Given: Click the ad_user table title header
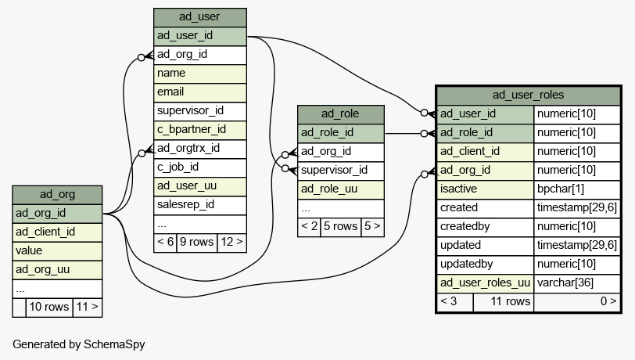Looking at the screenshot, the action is point(200,17).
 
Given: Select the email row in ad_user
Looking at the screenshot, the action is point(200,92).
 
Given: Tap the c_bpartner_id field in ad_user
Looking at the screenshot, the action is point(200,130).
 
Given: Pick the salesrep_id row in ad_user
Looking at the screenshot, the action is point(200,206).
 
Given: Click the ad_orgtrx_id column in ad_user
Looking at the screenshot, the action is point(200,149).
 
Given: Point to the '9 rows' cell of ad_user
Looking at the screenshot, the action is point(197,243).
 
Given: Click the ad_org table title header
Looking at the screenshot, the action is point(57,195).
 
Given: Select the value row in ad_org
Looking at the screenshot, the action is point(57,251).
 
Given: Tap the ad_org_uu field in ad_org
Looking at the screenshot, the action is point(57,270).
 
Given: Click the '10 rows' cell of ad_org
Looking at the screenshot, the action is point(49,308).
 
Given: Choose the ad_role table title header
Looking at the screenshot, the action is point(341,115).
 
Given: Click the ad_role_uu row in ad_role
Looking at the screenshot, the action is point(341,189).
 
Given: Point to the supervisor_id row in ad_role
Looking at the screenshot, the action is point(341,171).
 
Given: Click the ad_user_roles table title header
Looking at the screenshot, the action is point(529,95).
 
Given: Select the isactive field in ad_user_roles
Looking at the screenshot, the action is point(485,189).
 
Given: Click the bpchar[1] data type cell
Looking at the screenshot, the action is point(577,189).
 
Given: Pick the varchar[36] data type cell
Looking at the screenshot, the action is point(577,284).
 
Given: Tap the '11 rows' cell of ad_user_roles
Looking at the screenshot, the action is point(504,302).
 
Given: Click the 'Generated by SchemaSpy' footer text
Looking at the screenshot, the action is point(79,344).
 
